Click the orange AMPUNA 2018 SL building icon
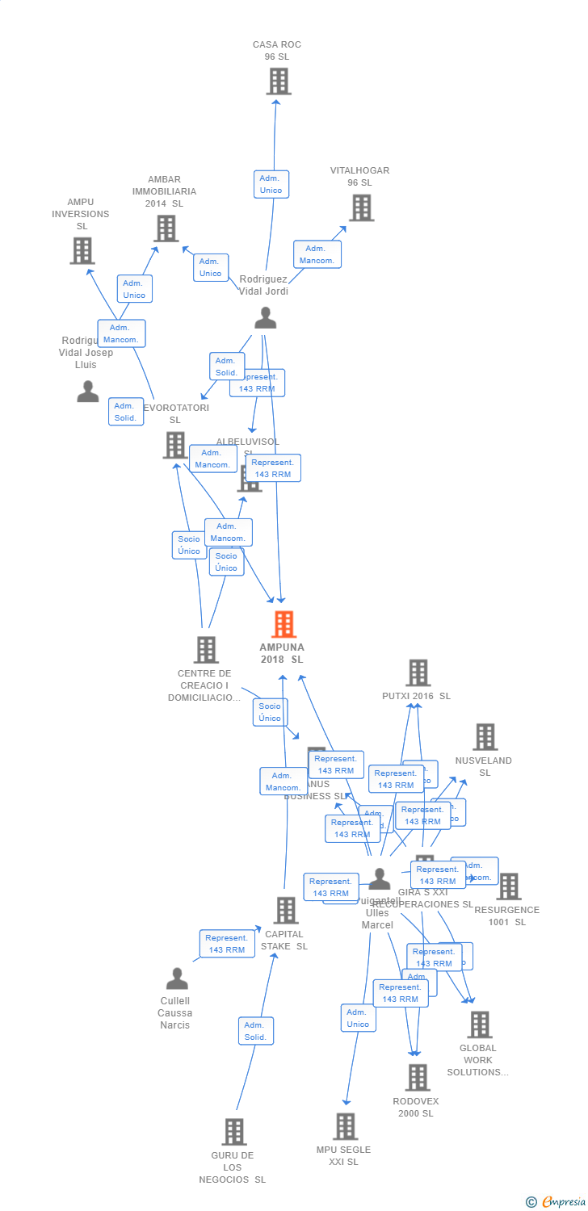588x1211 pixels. pyautogui.click(x=283, y=624)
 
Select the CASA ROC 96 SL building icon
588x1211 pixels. pyautogui.click(x=278, y=81)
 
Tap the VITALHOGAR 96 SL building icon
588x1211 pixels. pyautogui.click(x=361, y=207)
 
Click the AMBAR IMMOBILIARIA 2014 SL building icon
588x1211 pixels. pyautogui.click(x=166, y=228)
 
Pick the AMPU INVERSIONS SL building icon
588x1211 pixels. pyautogui.click(x=82, y=250)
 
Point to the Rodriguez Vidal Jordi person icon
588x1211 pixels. pyautogui.click(x=265, y=318)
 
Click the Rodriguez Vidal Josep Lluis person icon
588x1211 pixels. pyautogui.click(x=87, y=392)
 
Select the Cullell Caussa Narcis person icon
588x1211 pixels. pyautogui.click(x=176, y=979)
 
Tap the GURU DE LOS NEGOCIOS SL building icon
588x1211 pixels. pyautogui.click(x=233, y=1131)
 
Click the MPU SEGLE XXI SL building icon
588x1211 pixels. pyautogui.click(x=345, y=1125)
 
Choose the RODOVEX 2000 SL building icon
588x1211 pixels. pyautogui.click(x=417, y=1077)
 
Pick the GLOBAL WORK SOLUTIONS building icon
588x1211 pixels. pyautogui.click(x=479, y=1025)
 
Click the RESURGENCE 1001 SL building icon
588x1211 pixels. pyautogui.click(x=508, y=886)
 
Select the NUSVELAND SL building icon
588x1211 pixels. pyautogui.click(x=484, y=736)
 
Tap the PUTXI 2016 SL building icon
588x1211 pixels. pyautogui.click(x=417, y=672)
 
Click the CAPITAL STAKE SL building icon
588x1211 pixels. pyautogui.click(x=285, y=910)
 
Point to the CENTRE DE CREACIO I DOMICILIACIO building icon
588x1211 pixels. pyautogui.click(x=206, y=649)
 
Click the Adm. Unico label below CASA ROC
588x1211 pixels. pyautogui.click(x=271, y=184)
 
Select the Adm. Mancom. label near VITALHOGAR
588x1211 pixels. pyautogui.click(x=317, y=254)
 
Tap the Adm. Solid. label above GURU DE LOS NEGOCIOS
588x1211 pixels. pyautogui.click(x=256, y=1031)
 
